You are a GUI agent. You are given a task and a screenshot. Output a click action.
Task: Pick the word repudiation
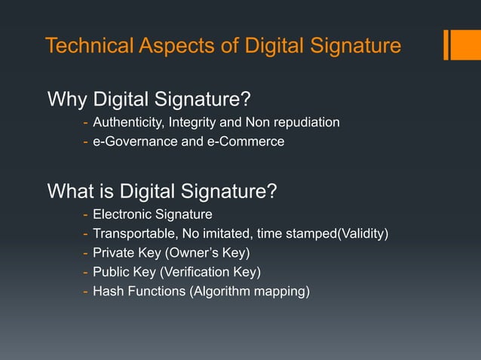305,122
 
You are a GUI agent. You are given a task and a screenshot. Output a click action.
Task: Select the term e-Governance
130,141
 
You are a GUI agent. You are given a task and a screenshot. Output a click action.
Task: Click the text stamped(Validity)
338,233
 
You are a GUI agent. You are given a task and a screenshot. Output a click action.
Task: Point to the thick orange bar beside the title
458,44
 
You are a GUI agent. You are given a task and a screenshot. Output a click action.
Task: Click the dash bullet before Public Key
86,271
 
